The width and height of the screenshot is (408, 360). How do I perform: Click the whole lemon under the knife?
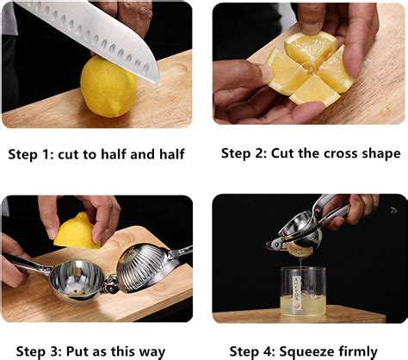(108, 87)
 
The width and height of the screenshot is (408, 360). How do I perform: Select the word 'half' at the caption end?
(170, 155)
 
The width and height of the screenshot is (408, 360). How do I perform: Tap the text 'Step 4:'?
(244, 351)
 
